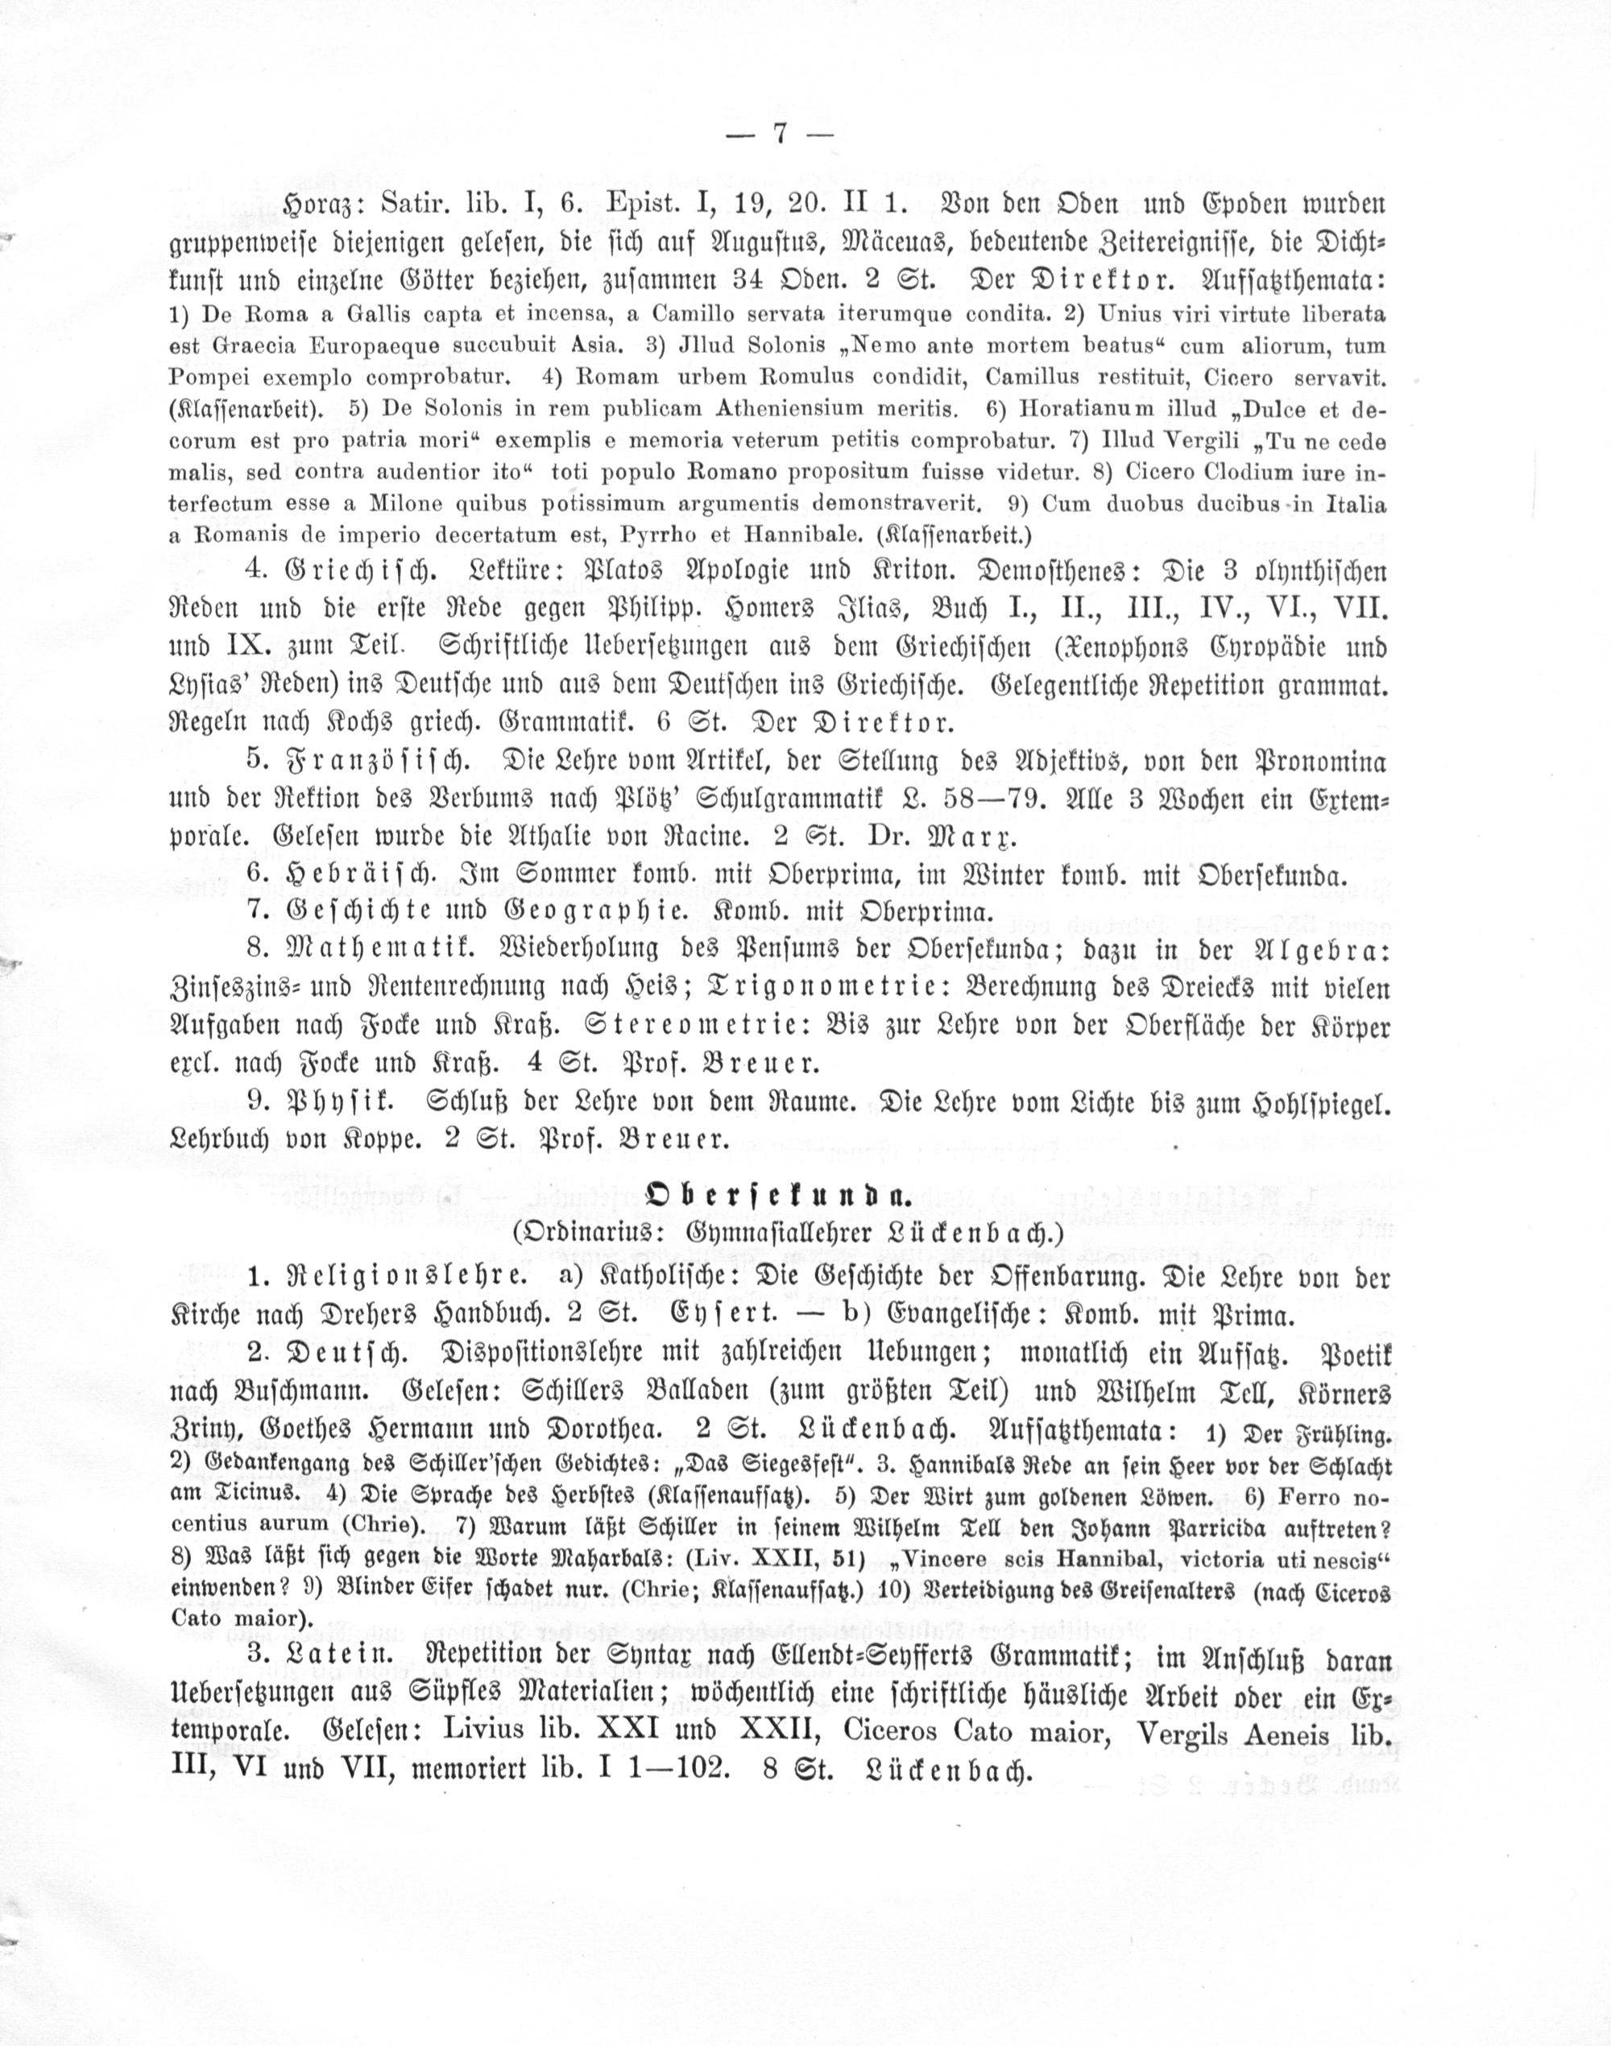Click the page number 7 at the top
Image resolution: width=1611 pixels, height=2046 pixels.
point(780,134)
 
